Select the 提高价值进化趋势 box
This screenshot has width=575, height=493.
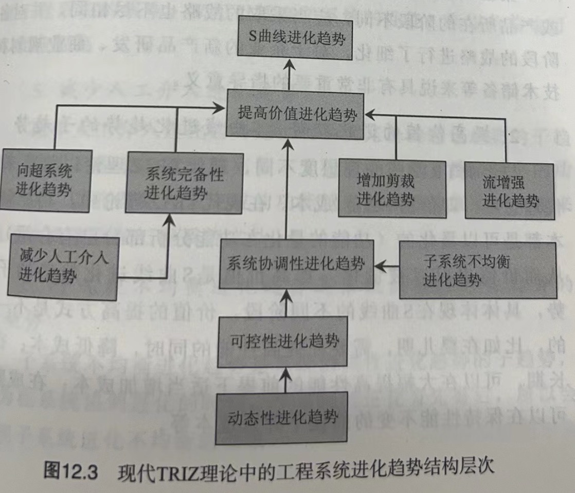(298, 113)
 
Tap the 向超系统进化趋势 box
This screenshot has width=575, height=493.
(46, 180)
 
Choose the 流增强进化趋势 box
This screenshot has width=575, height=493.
(511, 190)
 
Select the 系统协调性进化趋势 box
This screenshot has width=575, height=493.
(296, 264)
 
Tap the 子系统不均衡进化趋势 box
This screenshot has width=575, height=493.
(478, 270)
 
